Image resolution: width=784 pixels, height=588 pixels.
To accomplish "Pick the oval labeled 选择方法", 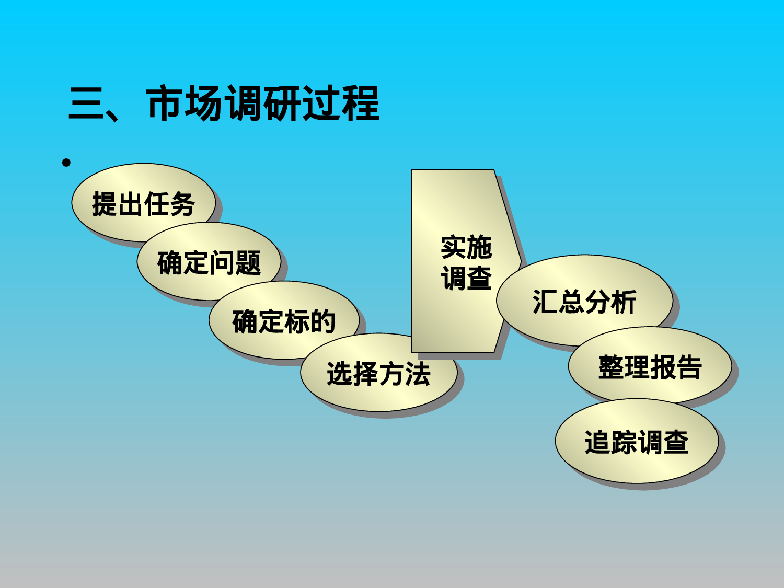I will tap(378, 374).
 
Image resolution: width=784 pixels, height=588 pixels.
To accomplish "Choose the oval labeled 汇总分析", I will tap(584, 302).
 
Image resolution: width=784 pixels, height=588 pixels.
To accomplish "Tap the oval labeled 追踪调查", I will tap(636, 442).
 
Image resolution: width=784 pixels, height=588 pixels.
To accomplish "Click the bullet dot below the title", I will tap(66, 163).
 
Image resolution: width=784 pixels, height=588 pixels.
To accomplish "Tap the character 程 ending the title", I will tap(361, 104).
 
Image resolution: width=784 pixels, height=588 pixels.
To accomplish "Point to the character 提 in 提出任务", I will tap(105, 203).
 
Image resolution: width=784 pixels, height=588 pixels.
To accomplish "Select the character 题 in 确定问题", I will tap(248, 262).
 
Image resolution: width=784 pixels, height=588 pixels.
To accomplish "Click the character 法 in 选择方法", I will tap(417, 374).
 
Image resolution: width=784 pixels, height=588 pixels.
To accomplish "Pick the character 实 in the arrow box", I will tap(453, 247).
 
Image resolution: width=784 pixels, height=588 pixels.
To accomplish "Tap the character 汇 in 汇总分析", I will tap(545, 302).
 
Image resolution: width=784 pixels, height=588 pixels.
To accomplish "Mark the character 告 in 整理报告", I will tap(689, 366).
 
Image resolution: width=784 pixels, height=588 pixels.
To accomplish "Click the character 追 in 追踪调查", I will tap(597, 442).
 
